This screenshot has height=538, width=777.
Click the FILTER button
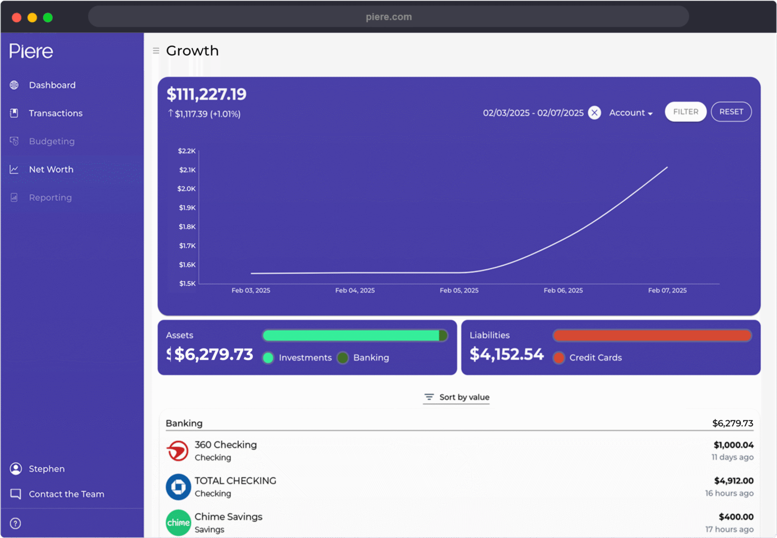coord(685,112)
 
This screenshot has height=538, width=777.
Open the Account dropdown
coord(630,113)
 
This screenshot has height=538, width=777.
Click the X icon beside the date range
coord(594,113)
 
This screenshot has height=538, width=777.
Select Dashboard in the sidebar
coord(52,85)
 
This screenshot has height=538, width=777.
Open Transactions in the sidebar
coord(55,113)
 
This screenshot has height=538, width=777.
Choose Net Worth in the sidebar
coord(51,169)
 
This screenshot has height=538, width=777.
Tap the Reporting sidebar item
coord(50,198)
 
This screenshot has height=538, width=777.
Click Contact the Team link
coord(66,494)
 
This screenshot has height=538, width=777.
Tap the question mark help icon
coord(16,523)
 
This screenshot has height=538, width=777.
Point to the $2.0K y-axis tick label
coord(186,189)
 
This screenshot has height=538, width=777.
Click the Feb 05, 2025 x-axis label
coord(459,290)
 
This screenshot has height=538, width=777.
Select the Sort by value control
coord(457,397)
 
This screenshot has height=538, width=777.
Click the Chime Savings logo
coord(178,523)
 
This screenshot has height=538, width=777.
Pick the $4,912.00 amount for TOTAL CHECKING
coord(733,481)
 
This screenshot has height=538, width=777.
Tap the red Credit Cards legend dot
coord(558,358)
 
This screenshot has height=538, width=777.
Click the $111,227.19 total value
coord(206,94)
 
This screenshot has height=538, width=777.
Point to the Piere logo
coord(31,51)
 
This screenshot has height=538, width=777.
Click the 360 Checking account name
coord(226,445)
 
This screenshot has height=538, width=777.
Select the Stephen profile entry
coord(46,469)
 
